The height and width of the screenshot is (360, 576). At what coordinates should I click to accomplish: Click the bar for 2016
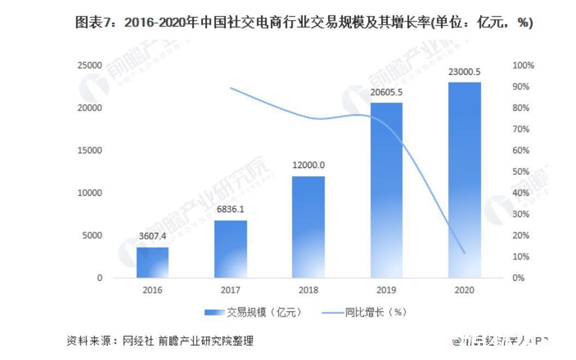pos(153,262)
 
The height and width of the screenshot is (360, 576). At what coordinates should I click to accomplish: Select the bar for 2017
pos(231,249)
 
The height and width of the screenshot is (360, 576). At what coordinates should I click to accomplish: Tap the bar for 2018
pos(309,227)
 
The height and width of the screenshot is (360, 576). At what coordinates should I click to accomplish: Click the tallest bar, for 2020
pos(465,180)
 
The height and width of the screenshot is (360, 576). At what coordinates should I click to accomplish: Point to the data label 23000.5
pos(465,71)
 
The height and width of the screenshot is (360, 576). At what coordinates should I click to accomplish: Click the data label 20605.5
pos(387,92)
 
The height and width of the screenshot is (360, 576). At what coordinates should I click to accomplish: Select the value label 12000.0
pos(309,165)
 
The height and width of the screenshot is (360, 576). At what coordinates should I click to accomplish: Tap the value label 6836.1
pos(231,209)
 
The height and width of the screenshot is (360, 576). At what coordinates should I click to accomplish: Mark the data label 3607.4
pos(153,237)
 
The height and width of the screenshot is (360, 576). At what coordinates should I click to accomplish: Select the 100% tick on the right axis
pos(524,65)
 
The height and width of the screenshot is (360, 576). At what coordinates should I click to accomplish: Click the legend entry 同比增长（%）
pos(365,313)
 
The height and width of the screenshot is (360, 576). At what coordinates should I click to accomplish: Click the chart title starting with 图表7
pos(304,23)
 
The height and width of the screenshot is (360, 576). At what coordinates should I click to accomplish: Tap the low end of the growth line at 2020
pos(465,253)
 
